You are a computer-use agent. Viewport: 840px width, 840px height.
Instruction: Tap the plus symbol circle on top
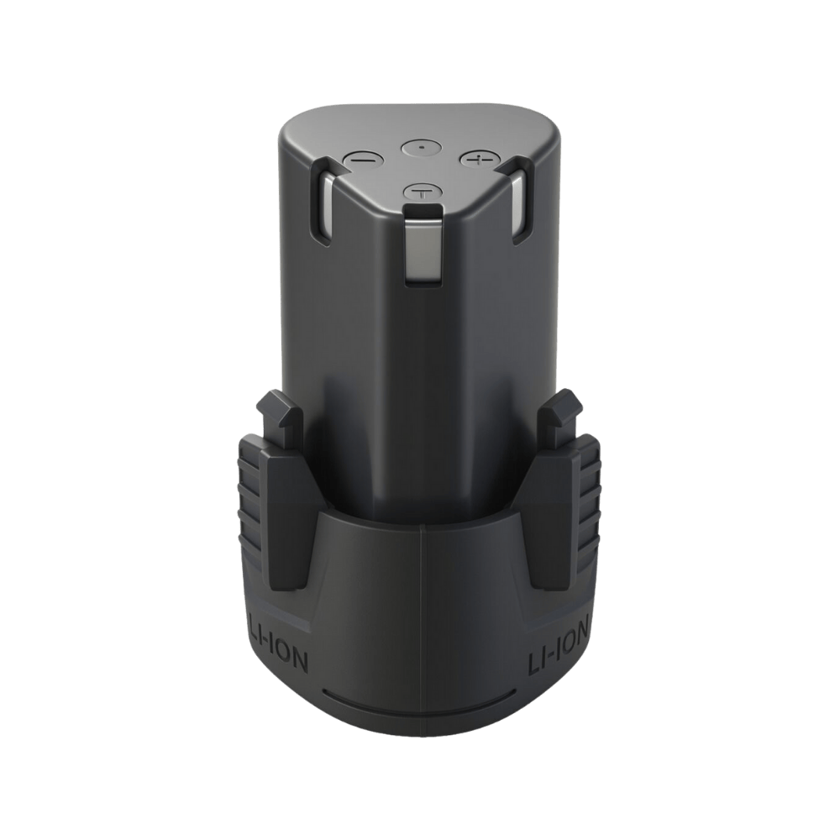coord(476,158)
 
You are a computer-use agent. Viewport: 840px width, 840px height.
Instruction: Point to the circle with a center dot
coord(417,147)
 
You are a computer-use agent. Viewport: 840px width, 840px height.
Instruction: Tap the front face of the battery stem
coord(420,378)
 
